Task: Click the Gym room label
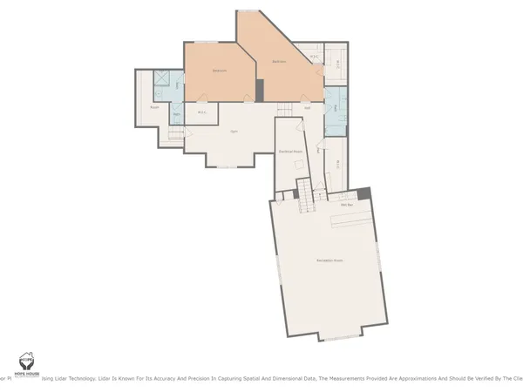click(x=234, y=131)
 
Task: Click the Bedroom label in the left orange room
click(x=220, y=71)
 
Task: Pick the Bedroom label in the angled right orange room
click(x=279, y=62)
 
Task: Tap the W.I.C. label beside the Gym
click(x=201, y=112)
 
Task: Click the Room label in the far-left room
click(x=153, y=107)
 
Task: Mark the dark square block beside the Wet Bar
click(x=365, y=193)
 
